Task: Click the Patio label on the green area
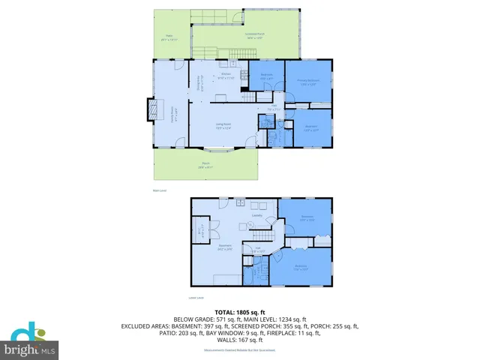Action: pos(169,40)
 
